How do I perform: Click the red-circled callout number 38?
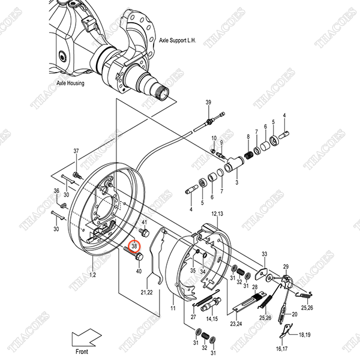pos(134,245)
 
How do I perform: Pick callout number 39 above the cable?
pos(209,103)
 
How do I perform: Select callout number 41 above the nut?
pos(144,222)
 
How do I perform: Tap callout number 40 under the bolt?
pos(139,271)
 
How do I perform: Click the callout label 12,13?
pos(217,214)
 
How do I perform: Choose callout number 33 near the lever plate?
pos(264,254)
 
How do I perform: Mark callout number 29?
pos(286,266)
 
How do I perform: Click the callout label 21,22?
pos(147,292)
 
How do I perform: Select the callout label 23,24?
pos(235,324)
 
